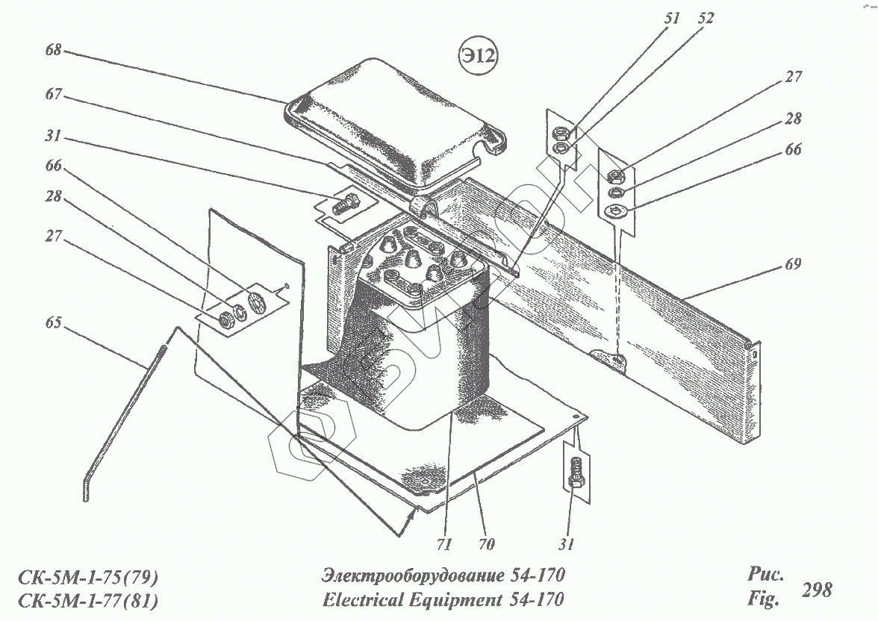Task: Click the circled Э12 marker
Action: (477, 57)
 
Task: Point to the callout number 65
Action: (53, 323)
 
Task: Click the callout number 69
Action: (793, 264)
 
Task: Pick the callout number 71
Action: (444, 544)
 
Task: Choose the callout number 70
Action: (486, 544)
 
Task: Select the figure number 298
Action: (816, 590)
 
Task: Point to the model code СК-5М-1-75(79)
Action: (88, 577)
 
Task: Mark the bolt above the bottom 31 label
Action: (574, 471)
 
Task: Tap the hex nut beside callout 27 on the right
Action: (617, 177)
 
